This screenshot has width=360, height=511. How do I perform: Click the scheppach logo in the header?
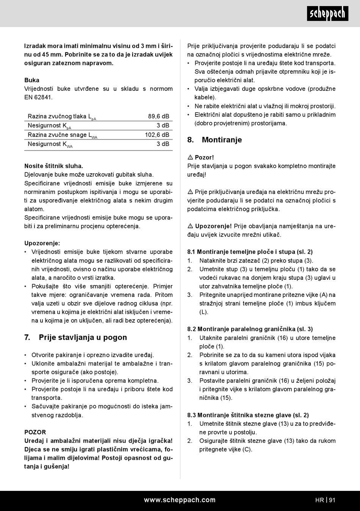click(327, 14)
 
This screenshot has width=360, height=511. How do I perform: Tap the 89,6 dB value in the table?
click(158, 116)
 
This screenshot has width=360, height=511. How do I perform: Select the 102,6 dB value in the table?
click(157, 135)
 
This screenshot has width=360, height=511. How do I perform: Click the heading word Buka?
click(32, 80)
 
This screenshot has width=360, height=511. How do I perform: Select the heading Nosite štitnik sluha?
click(53, 166)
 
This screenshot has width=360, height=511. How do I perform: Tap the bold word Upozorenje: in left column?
click(42, 243)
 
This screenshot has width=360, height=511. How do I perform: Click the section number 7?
click(27, 337)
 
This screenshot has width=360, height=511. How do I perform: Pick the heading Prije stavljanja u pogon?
click(83, 337)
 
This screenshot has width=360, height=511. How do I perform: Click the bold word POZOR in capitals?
click(35, 432)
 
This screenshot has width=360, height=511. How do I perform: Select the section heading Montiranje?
click(222, 140)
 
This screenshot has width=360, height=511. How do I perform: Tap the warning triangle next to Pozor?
click(191, 157)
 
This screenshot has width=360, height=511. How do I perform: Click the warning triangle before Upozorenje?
click(191, 226)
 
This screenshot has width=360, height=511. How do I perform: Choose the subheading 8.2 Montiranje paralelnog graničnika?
click(250, 329)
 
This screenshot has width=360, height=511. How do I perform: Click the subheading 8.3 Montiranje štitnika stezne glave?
click(248, 415)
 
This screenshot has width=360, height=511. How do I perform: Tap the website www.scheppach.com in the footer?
click(180, 500)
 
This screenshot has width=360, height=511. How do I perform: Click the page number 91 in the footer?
click(332, 500)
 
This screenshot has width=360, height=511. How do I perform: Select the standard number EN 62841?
click(38, 97)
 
